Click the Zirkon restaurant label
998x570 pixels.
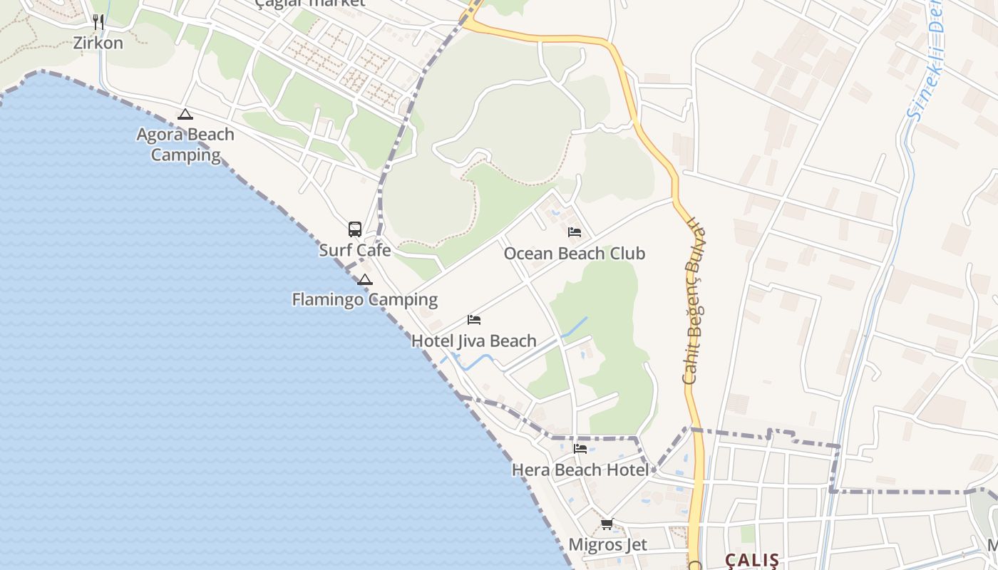(x=98, y=43)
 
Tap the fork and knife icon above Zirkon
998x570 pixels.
(x=98, y=22)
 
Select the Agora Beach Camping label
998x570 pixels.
(x=185, y=145)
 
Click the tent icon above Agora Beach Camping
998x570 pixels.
(x=185, y=114)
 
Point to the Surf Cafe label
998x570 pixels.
(x=354, y=250)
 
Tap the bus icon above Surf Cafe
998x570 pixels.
(x=355, y=229)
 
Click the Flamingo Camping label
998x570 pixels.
(x=364, y=299)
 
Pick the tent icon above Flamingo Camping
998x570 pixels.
(x=365, y=279)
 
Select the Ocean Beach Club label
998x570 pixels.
(x=574, y=254)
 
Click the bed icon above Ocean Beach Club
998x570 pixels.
(x=575, y=232)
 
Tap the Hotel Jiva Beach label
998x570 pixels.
(x=473, y=341)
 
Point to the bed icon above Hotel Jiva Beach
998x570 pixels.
(x=474, y=320)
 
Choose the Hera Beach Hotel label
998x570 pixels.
(x=580, y=470)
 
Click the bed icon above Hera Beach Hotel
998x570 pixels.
(x=580, y=449)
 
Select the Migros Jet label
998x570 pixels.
(x=607, y=545)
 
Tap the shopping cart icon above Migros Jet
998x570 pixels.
(x=607, y=524)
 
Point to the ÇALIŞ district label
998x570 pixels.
(x=752, y=560)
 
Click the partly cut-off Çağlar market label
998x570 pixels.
(x=310, y=3)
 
